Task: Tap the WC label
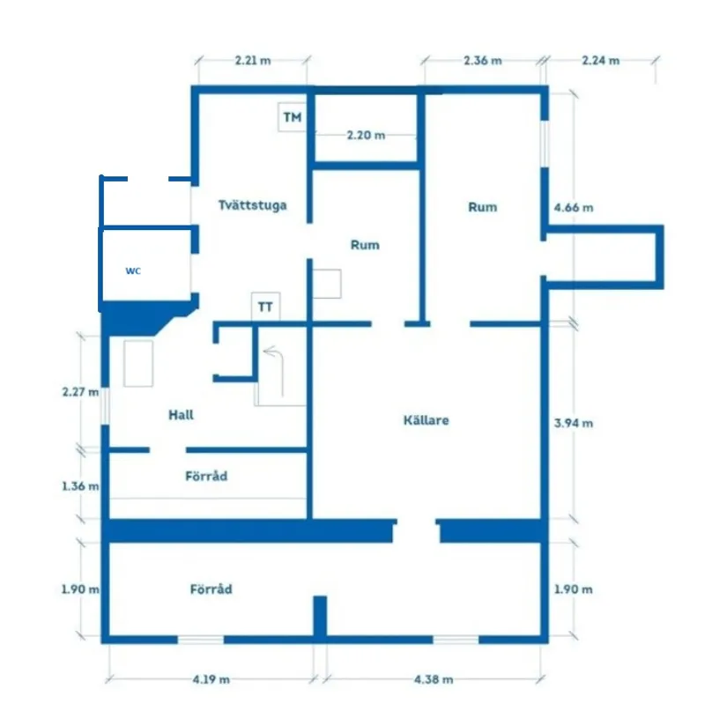coord(132,270)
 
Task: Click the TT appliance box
coord(264,307)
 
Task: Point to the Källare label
coord(425,420)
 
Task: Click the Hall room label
coord(181,414)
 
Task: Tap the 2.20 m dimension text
coord(365,136)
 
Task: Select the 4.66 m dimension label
coord(573,208)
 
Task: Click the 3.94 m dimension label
coord(573,423)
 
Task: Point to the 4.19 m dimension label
coord(211,679)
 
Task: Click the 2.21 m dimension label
coord(253,61)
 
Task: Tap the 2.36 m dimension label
coord(482,61)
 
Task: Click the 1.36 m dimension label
coord(80,485)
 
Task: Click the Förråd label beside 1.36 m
coord(206,476)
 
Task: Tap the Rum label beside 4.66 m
coord(482,207)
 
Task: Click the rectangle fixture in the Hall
coord(139,363)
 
